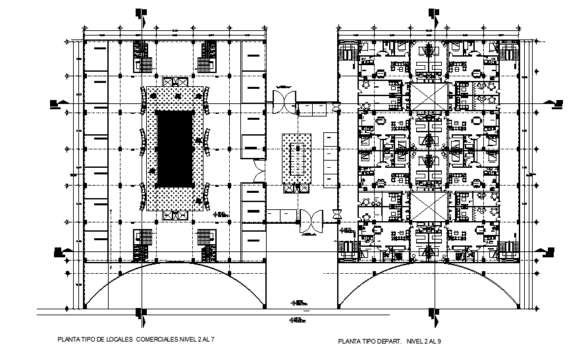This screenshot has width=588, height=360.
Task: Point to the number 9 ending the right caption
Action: coord(438,342)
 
